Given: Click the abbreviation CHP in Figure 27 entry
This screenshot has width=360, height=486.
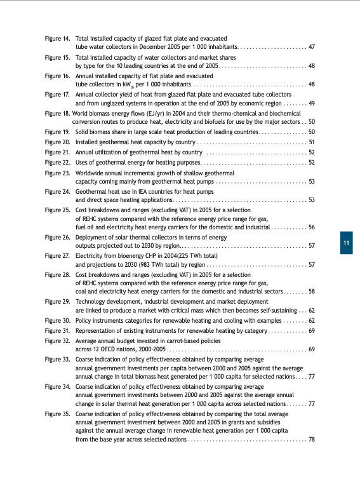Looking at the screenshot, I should [x=149, y=256].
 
